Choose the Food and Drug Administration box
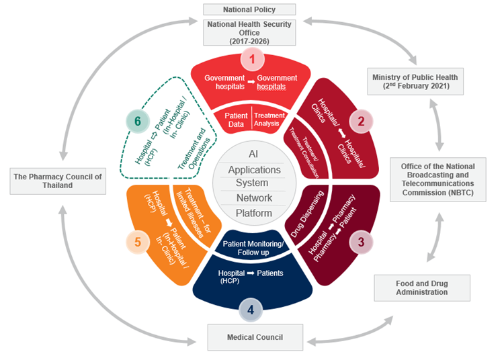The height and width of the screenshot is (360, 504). point(422,287)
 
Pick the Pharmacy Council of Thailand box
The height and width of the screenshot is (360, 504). point(58,181)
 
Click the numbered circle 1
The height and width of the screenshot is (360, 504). point(252,60)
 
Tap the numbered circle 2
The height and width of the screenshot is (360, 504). point(360,122)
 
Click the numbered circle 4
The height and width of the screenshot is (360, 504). point(251,310)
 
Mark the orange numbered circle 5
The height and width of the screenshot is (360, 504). point(138,242)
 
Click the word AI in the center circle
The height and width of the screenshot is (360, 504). point(253,152)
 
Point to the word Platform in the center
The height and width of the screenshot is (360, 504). point(253,213)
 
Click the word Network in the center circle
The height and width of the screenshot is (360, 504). point(253,198)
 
